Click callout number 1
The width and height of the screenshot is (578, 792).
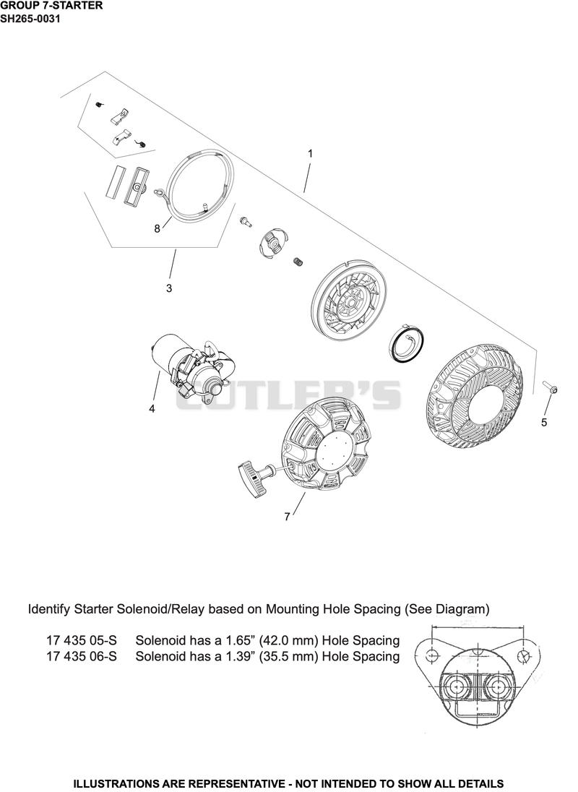(x=310, y=153)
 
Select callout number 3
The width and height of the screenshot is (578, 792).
(x=169, y=288)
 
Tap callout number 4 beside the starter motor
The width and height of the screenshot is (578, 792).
(x=152, y=408)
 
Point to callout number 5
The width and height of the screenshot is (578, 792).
(x=544, y=422)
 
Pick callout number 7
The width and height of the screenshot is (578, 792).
(x=288, y=517)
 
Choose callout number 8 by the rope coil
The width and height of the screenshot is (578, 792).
(x=157, y=229)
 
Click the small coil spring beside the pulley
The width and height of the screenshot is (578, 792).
(x=298, y=262)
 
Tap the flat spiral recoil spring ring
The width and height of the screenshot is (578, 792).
(x=407, y=343)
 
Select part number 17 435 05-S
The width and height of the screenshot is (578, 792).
(x=81, y=640)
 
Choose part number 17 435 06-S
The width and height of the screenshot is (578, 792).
(x=81, y=657)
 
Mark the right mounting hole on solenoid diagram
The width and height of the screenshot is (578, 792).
(x=524, y=655)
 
